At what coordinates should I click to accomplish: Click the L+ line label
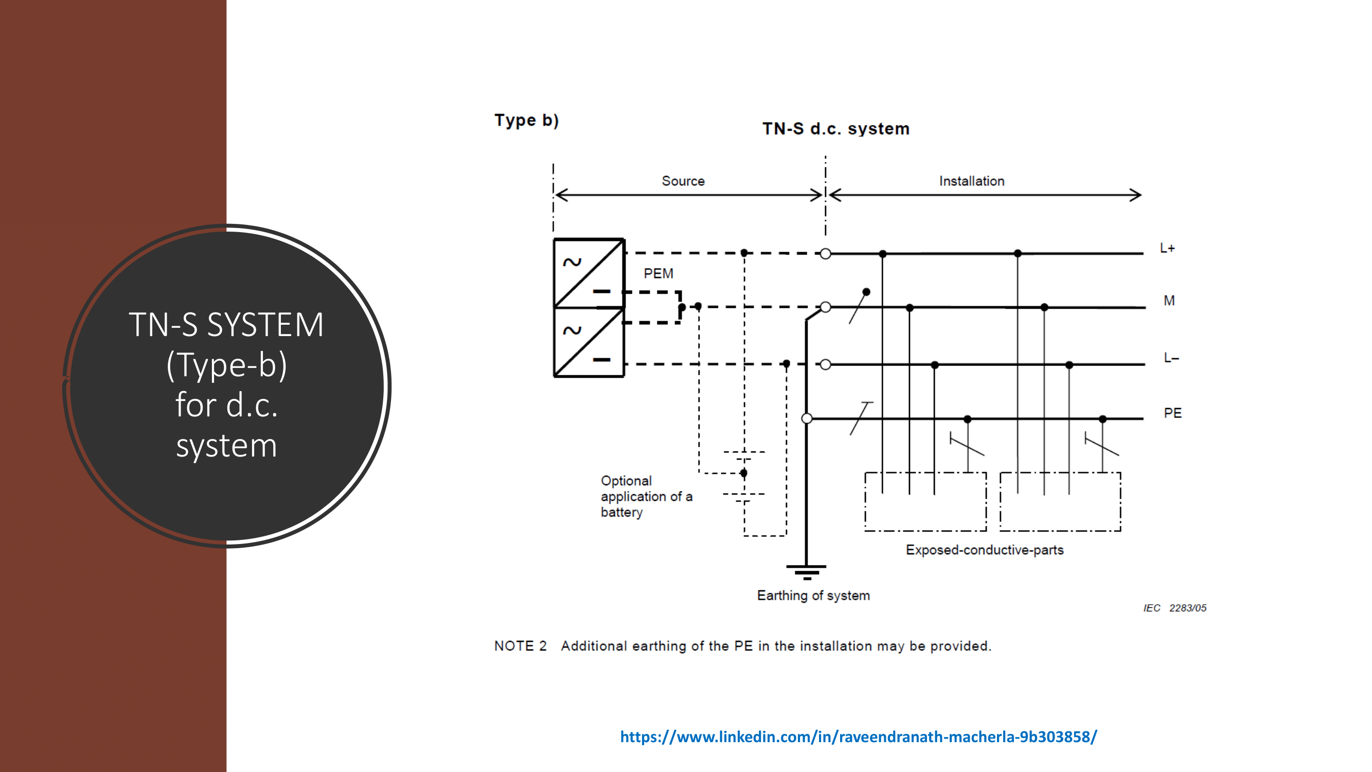tap(1167, 248)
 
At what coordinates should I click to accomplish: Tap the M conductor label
tap(1169, 301)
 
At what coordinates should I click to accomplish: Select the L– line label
tap(1171, 358)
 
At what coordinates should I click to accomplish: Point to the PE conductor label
tap(1172, 413)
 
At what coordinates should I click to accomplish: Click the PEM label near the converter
tap(658, 274)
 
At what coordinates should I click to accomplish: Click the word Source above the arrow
tap(683, 181)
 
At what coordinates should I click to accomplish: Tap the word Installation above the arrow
tap(971, 181)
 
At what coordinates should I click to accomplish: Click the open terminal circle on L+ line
tap(825, 254)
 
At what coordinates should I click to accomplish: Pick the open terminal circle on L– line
tap(825, 364)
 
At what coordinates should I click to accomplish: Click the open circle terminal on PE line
tap(807, 419)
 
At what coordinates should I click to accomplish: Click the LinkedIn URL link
tap(858, 737)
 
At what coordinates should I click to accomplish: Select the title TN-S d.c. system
tap(835, 129)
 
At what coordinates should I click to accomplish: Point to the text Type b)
tap(526, 120)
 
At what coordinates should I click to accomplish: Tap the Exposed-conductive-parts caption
tap(984, 550)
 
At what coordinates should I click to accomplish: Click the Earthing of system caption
tap(813, 595)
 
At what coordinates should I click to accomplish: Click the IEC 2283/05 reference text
tap(1174, 608)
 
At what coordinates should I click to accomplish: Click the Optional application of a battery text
tap(646, 497)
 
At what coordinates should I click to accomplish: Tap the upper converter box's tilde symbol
tap(573, 262)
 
